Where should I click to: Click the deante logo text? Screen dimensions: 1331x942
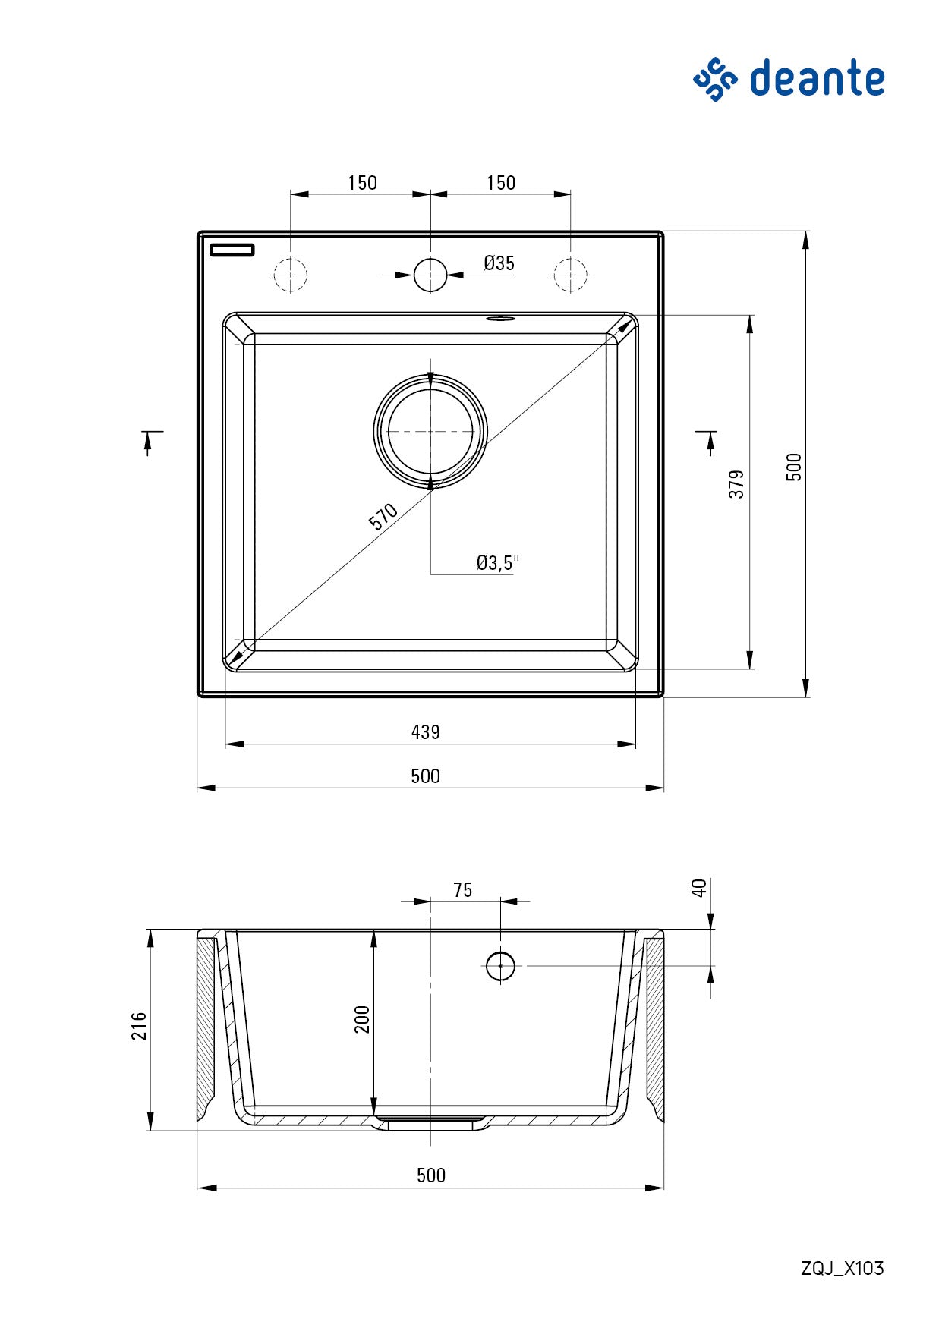point(817,79)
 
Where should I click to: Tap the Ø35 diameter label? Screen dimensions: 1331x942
point(499,263)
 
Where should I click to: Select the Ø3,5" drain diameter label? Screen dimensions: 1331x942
point(497,562)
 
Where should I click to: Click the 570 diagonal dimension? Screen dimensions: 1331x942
point(383,517)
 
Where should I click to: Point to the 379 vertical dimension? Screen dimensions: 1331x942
point(736,483)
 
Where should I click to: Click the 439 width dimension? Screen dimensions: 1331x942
point(425,732)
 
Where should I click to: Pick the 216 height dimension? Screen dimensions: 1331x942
point(140,1025)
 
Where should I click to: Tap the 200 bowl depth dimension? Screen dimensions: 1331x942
point(362,1018)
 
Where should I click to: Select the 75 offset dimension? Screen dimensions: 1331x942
point(462,889)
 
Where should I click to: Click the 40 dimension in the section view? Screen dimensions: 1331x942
point(699,887)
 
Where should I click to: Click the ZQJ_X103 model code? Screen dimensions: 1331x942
point(842,1268)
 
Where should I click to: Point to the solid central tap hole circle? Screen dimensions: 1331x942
point(430,275)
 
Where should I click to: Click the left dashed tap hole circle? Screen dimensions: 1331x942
point(290,275)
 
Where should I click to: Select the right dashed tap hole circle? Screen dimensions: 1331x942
point(570,275)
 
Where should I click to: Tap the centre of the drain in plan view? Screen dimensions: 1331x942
point(430,431)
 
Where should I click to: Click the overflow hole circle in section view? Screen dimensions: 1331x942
point(500,966)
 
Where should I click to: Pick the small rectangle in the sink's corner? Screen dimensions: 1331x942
point(232,250)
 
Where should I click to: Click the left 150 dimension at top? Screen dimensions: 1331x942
point(362,183)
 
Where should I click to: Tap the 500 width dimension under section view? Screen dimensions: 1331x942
point(430,1175)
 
